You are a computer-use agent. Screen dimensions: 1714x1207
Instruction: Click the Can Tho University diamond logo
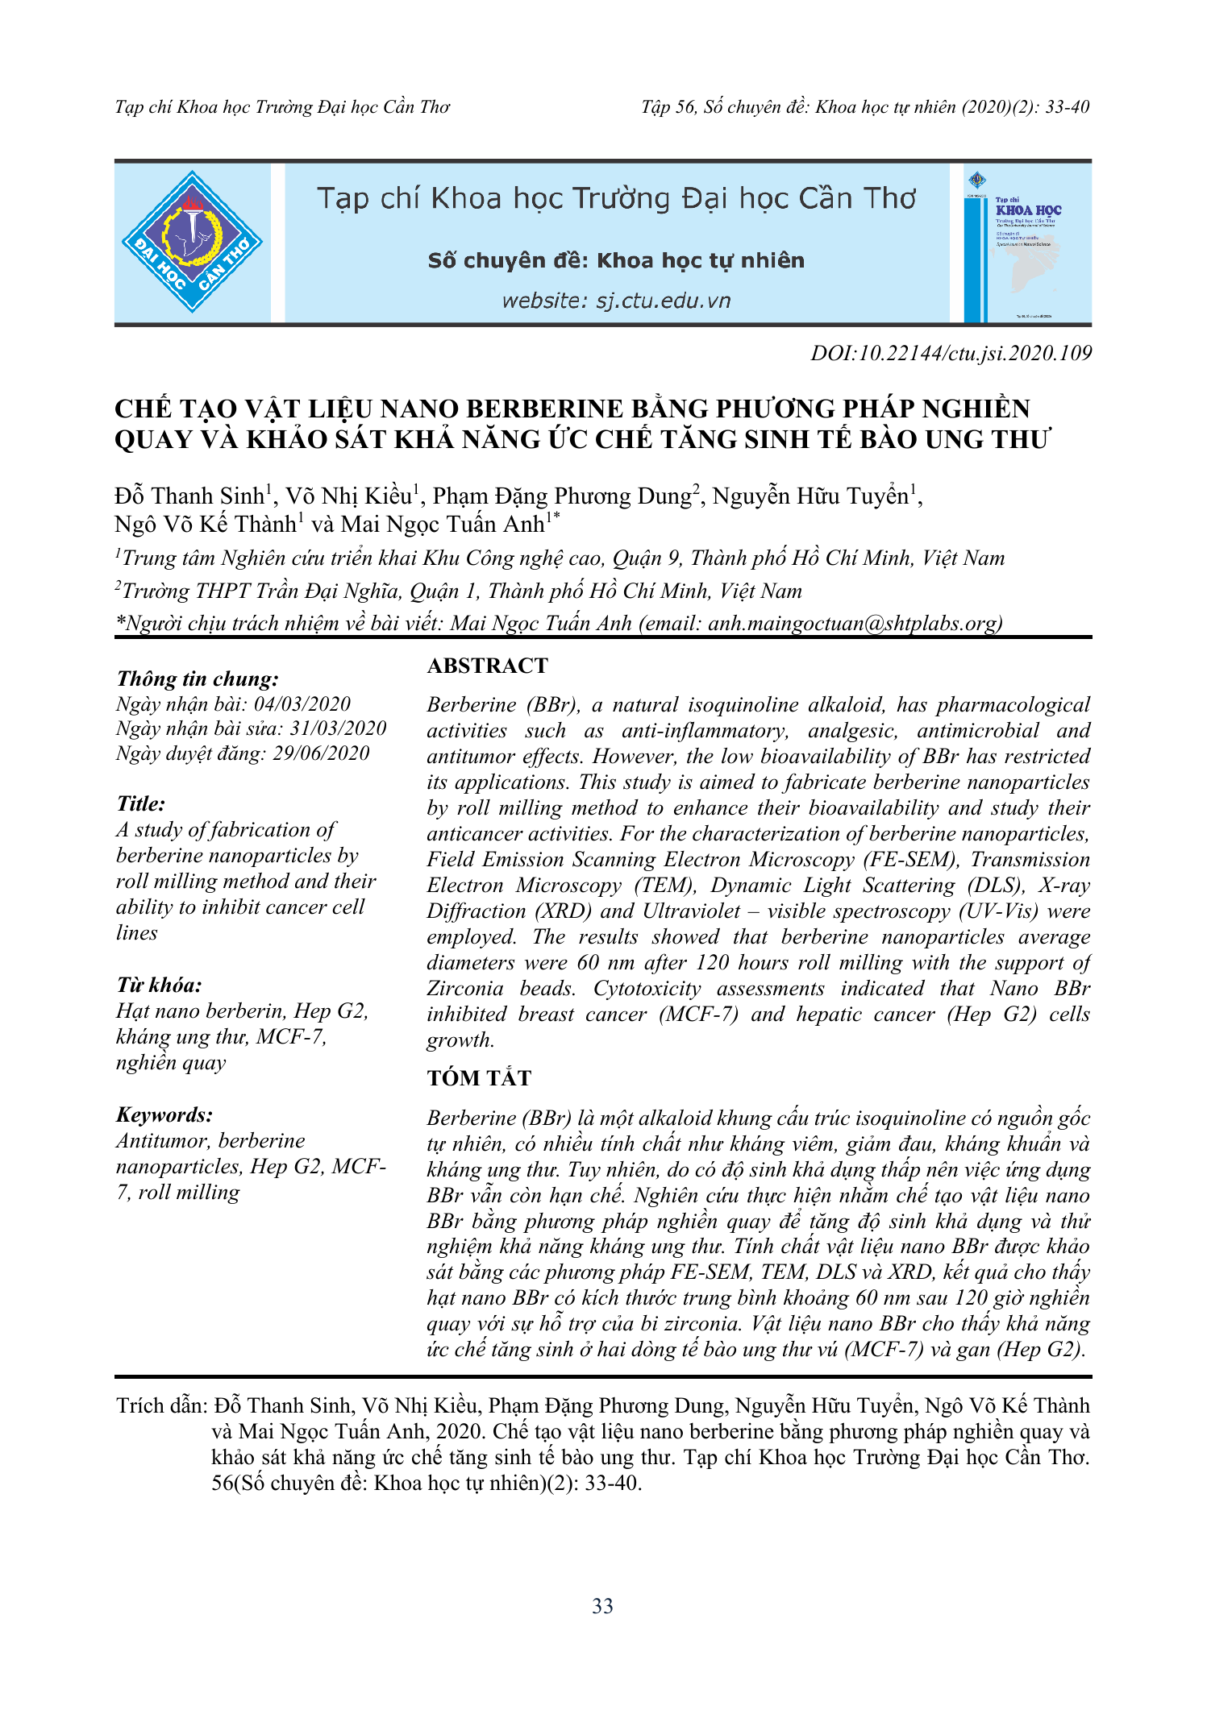[x=192, y=242]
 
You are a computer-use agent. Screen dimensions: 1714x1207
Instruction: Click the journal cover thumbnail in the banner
[x=1022, y=243]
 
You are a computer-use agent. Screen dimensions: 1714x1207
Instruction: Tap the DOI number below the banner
[x=951, y=353]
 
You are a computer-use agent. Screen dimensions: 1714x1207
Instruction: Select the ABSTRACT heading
[x=487, y=666]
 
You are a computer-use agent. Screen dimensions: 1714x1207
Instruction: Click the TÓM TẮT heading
[x=479, y=1078]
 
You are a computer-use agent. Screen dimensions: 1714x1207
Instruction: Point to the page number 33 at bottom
[x=602, y=1606]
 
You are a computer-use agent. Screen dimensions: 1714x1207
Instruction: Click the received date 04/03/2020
[x=302, y=704]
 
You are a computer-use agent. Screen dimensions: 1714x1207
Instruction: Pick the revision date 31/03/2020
[x=338, y=728]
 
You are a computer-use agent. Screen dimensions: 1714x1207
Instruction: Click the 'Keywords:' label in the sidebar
[x=164, y=1114]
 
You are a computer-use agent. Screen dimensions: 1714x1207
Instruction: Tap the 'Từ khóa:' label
[x=159, y=985]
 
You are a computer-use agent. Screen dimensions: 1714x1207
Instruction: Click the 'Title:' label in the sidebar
[x=141, y=803]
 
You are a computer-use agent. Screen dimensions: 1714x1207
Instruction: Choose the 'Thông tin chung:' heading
[x=198, y=679]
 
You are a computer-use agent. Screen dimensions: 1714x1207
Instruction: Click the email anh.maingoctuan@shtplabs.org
[x=855, y=623]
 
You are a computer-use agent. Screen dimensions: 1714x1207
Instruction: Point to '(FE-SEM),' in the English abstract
[x=910, y=860]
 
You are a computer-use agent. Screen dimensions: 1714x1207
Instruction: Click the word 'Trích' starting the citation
[x=138, y=1406]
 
